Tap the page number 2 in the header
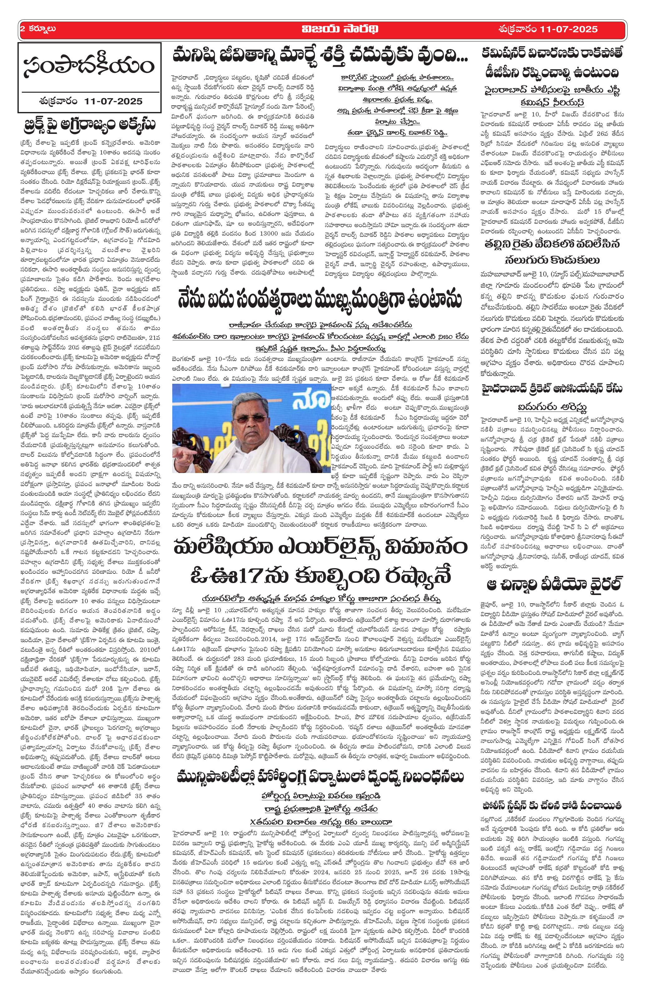[22, 29]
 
